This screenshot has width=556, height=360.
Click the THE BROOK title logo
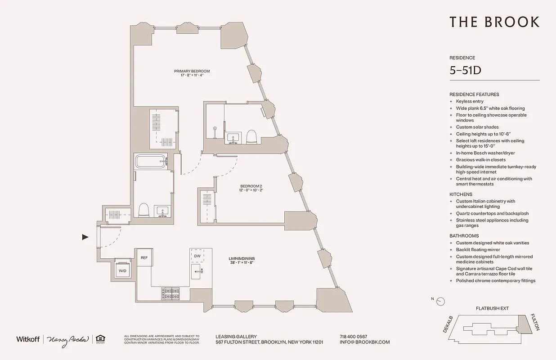494,22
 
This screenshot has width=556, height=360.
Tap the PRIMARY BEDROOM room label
192,71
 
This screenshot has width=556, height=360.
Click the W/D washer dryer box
122,271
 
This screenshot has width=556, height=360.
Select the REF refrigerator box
144,258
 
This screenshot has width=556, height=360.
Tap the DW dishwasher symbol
197,256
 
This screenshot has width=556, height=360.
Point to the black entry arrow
85,237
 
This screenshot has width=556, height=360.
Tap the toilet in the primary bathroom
143,210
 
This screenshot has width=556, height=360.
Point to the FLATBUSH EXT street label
492,309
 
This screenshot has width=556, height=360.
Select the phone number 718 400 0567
353,337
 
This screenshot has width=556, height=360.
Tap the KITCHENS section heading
461,194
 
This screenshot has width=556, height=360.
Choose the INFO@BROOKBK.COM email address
365,342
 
